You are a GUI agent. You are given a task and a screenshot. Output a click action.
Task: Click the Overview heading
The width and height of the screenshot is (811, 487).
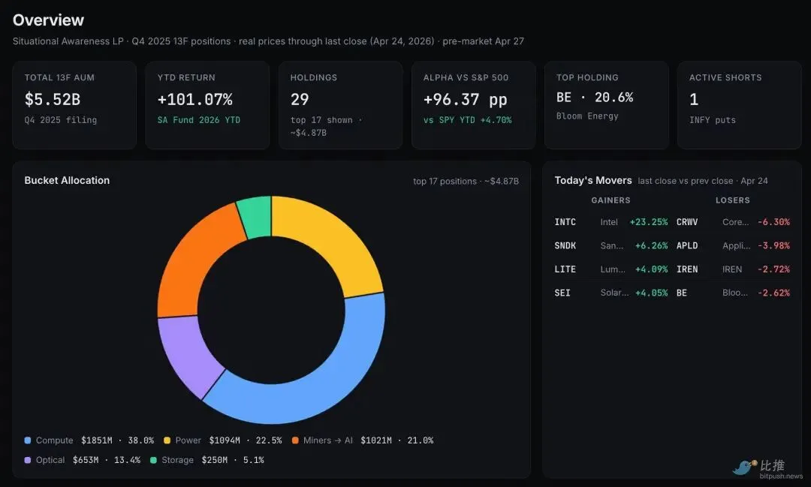(x=48, y=20)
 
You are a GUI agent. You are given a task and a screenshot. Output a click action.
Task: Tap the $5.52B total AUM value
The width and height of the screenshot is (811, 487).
(x=53, y=99)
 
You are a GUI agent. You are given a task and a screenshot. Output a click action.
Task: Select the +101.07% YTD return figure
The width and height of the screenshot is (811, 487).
(x=195, y=99)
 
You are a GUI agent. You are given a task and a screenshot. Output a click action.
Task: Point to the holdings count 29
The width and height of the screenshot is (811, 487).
(x=300, y=99)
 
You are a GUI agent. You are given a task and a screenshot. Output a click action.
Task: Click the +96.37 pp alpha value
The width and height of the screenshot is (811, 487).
(x=465, y=99)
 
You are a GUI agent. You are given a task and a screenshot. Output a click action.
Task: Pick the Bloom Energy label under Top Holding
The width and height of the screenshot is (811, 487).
(x=587, y=116)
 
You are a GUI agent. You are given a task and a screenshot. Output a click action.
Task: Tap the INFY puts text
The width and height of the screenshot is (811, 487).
(x=712, y=120)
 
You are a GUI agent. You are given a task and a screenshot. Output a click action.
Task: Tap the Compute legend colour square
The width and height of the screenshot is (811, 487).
(x=28, y=440)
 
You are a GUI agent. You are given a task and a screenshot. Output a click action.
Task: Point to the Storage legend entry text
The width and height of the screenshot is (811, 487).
(x=177, y=460)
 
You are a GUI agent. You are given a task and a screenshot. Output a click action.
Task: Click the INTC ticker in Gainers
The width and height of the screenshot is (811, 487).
(x=565, y=222)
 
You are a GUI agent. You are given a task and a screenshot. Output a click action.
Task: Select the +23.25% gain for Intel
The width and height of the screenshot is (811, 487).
(x=649, y=222)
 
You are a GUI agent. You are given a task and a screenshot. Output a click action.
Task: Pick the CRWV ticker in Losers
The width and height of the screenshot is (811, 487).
(x=687, y=222)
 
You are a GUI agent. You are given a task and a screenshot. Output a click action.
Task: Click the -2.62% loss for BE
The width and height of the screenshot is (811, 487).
(x=773, y=293)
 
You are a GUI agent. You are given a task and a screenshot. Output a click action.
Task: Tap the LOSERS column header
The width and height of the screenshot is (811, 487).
(x=732, y=200)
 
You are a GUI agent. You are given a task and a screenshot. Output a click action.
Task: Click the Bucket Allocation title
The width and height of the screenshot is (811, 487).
(x=67, y=180)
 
